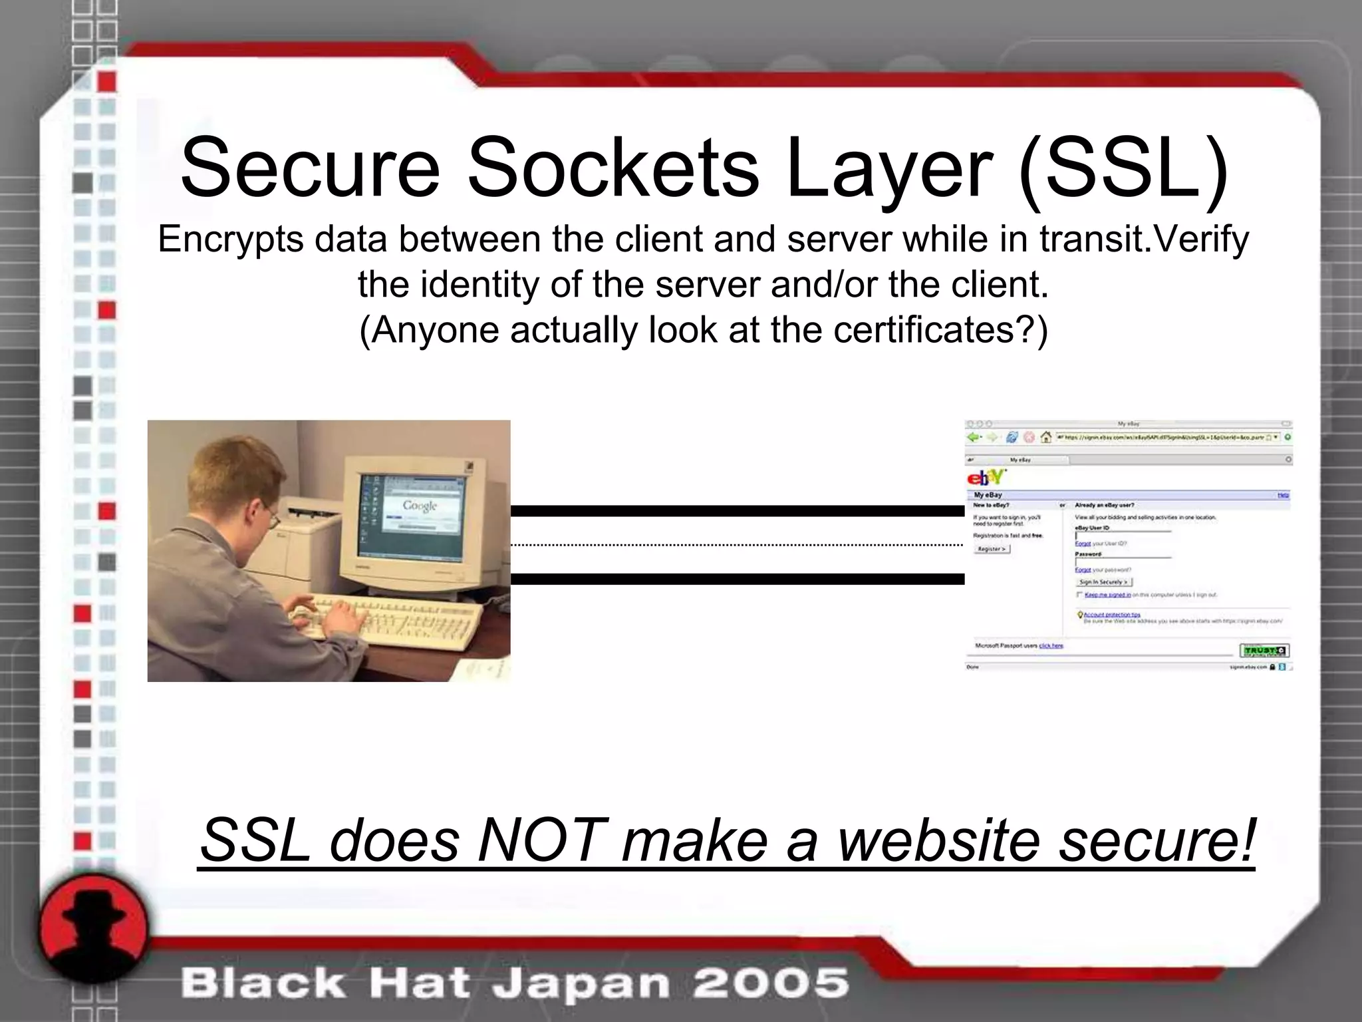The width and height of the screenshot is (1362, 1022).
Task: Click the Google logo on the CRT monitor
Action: pos(420,506)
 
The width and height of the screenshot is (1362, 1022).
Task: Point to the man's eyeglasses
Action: pos(271,518)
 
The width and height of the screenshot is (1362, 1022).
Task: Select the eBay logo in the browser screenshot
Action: pos(986,477)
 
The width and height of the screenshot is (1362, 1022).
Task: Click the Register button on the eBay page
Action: pos(992,549)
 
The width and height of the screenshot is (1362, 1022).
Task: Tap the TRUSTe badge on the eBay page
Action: pos(1264,650)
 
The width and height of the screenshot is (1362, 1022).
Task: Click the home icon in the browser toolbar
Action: pos(1045,437)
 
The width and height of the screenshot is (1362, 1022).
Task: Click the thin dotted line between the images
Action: pos(737,545)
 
